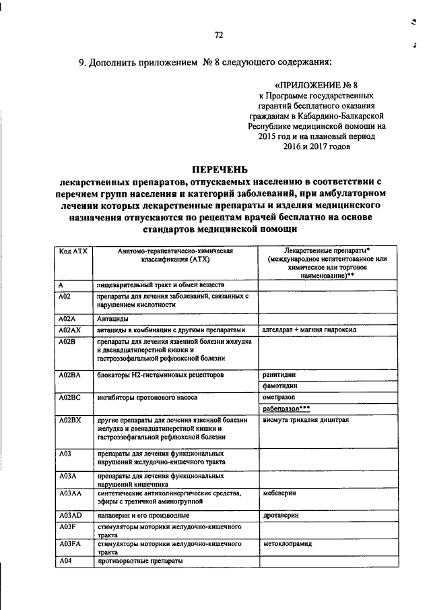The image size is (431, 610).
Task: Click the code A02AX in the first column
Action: pos(70,330)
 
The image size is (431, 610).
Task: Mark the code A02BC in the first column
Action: pos(70,398)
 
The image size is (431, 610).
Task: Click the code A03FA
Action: pos(70,542)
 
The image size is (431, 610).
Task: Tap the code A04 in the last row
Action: pos(65,561)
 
